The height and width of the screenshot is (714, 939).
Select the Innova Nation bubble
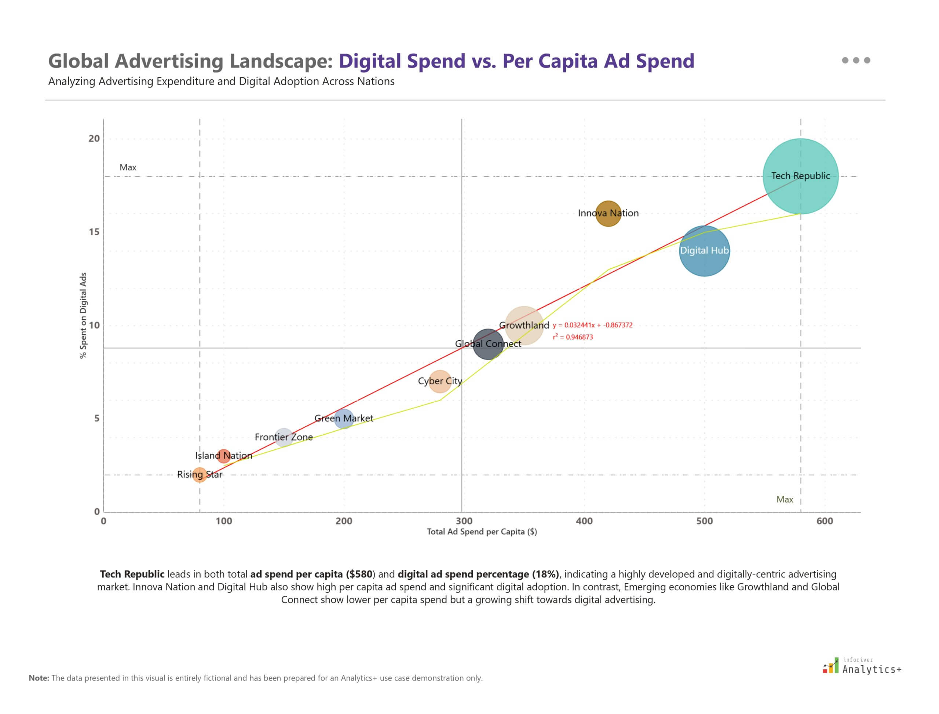608,213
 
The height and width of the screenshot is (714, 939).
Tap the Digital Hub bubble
704,251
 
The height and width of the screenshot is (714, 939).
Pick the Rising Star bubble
200,475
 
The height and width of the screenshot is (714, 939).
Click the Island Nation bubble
223,456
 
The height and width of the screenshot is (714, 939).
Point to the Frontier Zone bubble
283,437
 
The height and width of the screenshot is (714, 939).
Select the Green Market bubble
344,418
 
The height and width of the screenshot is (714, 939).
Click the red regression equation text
592,325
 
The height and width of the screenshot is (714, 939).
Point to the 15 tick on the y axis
94,232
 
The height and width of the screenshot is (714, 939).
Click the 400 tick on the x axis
584,521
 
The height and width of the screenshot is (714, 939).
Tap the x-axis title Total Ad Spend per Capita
482,532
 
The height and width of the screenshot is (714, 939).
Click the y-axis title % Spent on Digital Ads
83,315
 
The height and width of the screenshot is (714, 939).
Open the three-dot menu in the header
856,60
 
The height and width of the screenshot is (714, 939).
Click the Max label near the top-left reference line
128,167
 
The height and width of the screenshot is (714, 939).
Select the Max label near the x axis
785,499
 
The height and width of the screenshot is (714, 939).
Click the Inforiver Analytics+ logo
862,666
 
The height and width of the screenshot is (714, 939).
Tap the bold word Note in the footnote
39,678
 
